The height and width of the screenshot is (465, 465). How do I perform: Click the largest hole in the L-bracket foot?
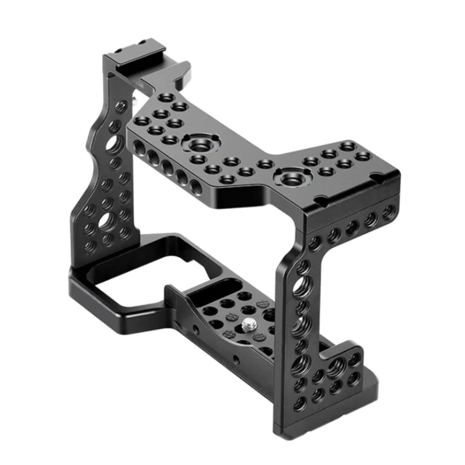tap(334, 369)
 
